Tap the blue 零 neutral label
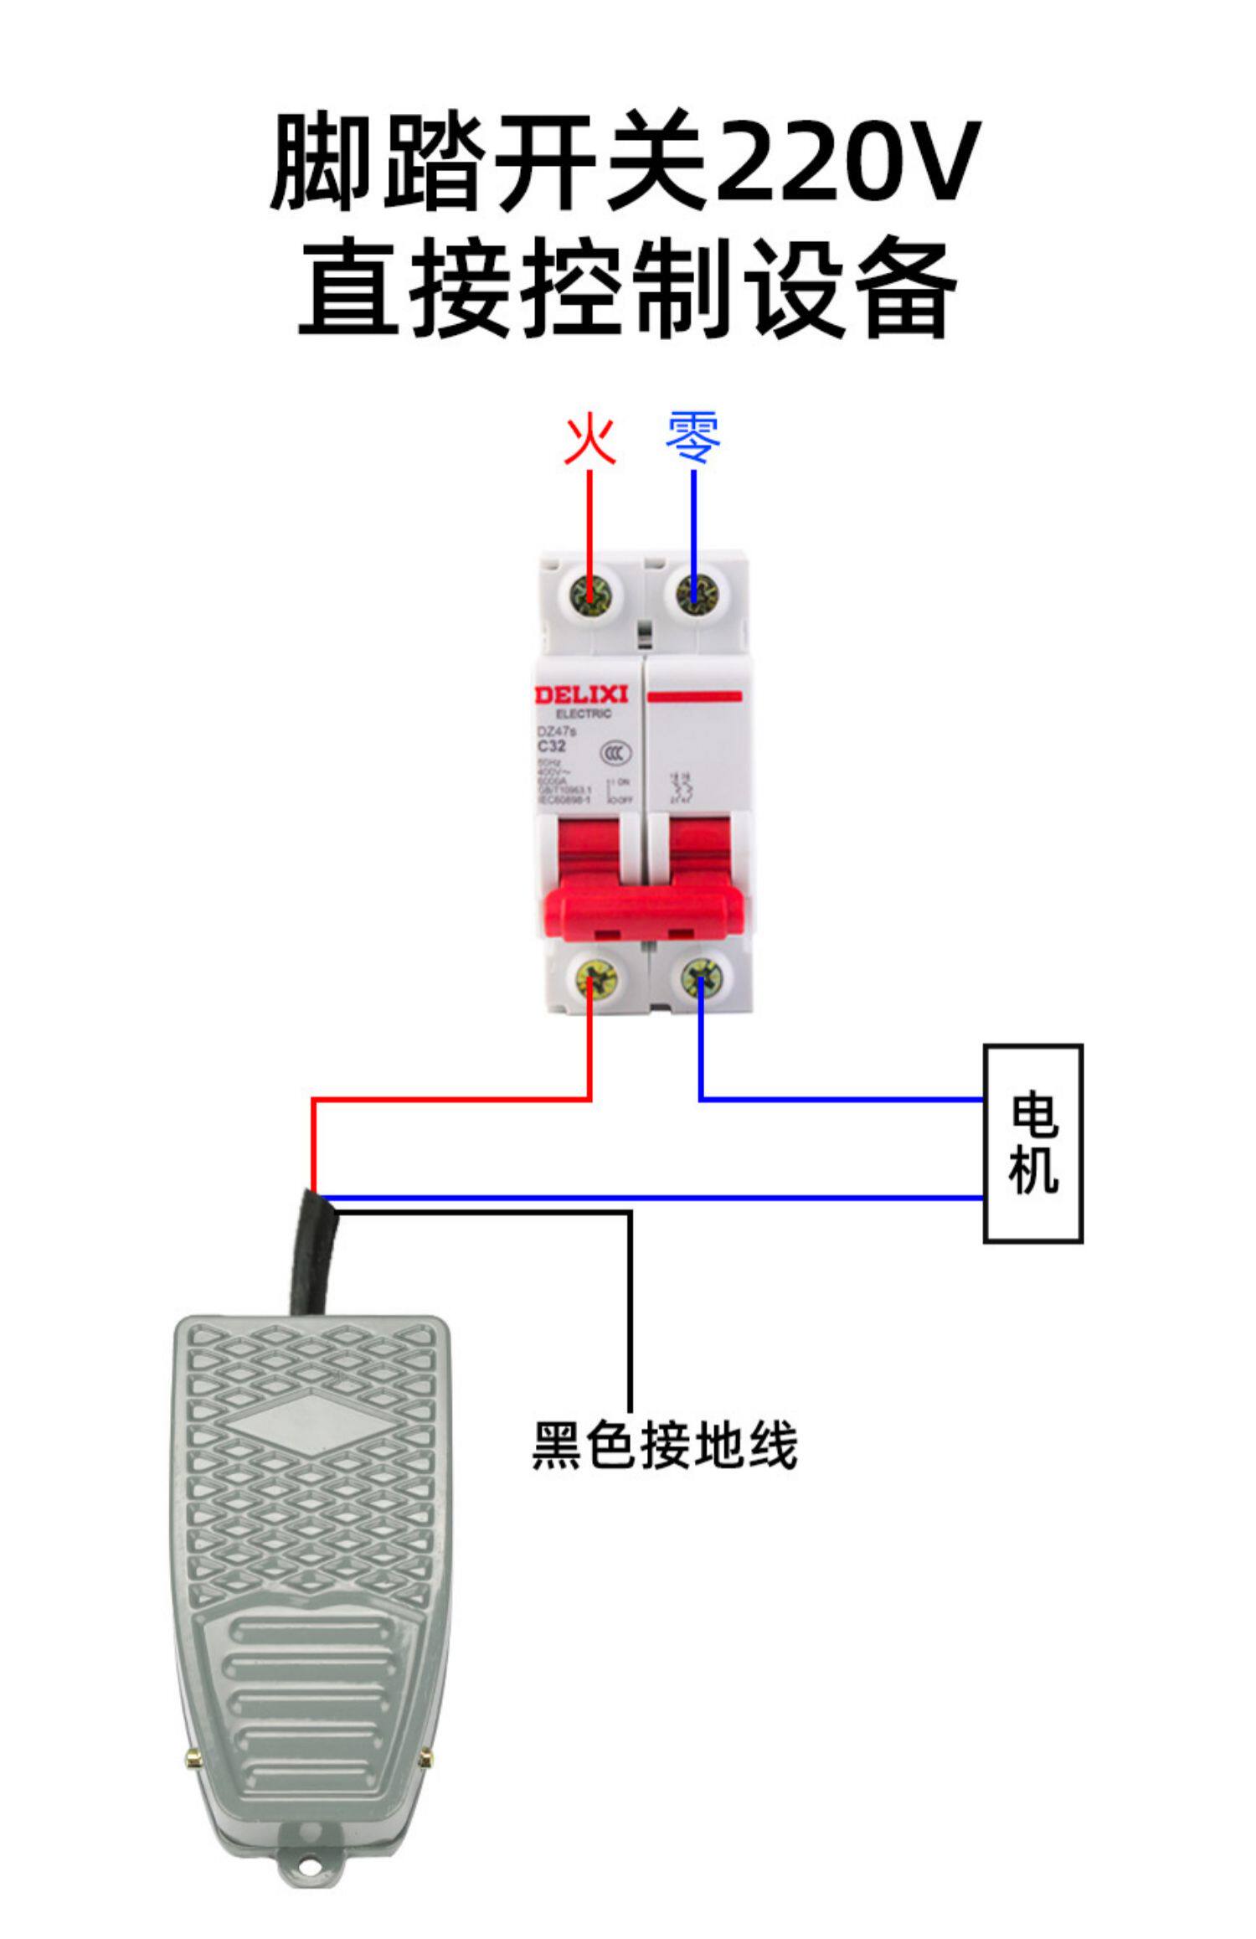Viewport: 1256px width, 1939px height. tap(693, 437)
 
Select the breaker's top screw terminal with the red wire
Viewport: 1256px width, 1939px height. tap(590, 596)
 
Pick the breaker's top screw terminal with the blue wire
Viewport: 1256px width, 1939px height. tap(693, 596)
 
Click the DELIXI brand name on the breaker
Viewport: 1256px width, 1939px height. tap(581, 695)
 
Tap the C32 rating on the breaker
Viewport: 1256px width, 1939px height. tap(552, 745)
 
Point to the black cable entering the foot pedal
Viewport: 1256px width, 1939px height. tap(313, 1256)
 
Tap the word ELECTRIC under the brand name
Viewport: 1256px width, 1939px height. tap(584, 714)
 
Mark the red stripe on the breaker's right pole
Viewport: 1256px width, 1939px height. tap(695, 696)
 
